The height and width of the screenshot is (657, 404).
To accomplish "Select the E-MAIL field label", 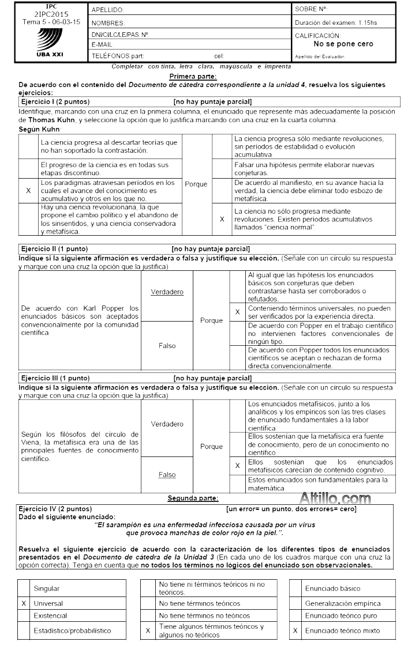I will [x=102, y=44].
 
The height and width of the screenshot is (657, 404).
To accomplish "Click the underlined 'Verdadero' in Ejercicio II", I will [x=167, y=292].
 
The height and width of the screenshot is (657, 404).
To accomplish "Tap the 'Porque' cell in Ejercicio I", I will [x=195, y=186].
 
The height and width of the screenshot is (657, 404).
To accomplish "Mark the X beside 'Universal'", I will [x=24, y=603].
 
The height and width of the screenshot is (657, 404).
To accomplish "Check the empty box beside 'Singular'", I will [x=24, y=589].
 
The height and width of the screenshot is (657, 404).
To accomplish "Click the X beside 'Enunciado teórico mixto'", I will [x=295, y=631].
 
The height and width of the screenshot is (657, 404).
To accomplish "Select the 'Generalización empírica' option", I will [x=343, y=603].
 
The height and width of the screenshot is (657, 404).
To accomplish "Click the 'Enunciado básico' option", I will [x=333, y=589].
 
